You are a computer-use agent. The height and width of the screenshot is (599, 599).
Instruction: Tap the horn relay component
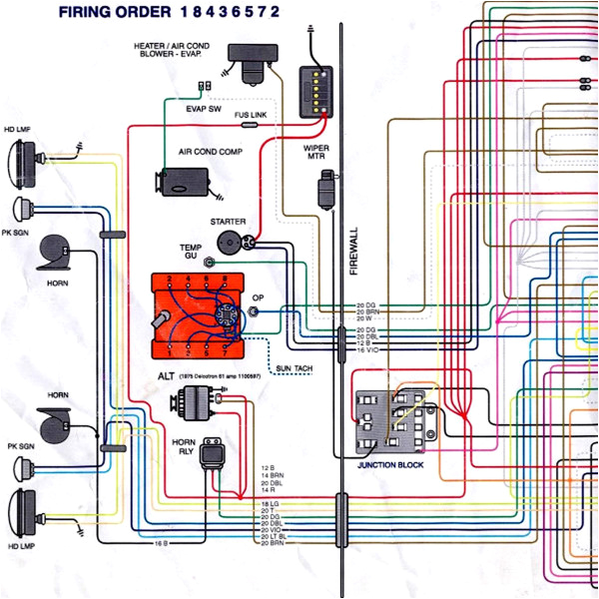[212, 454]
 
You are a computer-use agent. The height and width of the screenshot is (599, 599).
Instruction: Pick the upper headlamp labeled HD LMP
[22, 156]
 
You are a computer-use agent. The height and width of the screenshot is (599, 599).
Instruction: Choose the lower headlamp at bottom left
[22, 512]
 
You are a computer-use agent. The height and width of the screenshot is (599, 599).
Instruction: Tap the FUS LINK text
[251, 116]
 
